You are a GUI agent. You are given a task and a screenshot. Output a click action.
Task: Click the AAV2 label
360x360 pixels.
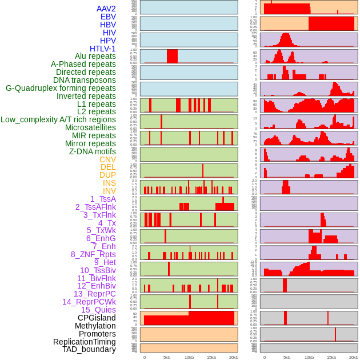tap(106, 9)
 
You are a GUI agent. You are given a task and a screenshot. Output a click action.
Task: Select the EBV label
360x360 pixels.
tap(108, 17)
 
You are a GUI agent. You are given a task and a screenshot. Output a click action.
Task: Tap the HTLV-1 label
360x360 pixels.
tap(103, 49)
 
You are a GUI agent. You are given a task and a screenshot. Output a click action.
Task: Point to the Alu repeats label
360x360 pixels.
tap(95, 56)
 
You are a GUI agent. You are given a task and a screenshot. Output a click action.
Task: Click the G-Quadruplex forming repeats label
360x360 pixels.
tap(61, 88)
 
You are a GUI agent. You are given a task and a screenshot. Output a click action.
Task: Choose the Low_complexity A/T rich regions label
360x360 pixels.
tap(58, 119)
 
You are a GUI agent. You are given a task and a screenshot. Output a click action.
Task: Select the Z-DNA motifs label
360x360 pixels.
tap(93, 151)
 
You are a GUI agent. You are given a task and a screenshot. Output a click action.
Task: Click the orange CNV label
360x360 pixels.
tap(107, 159)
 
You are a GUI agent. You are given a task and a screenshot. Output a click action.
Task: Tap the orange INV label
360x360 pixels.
tap(109, 191)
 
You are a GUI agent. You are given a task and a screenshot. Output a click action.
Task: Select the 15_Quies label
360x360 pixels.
tap(98, 310)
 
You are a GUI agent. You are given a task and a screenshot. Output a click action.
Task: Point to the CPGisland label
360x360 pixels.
tap(97, 318)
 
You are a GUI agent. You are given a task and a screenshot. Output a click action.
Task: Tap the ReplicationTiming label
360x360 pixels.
tap(85, 342)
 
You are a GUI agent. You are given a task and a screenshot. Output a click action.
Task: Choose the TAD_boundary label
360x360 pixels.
tap(89, 349)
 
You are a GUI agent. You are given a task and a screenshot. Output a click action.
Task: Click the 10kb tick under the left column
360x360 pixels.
tap(189, 357)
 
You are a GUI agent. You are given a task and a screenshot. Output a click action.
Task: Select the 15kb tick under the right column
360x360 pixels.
tap(331, 357)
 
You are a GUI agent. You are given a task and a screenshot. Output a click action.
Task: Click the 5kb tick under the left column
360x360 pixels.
tap(167, 357)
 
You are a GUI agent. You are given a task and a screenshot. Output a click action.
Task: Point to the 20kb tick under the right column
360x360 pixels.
tap(354, 357)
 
